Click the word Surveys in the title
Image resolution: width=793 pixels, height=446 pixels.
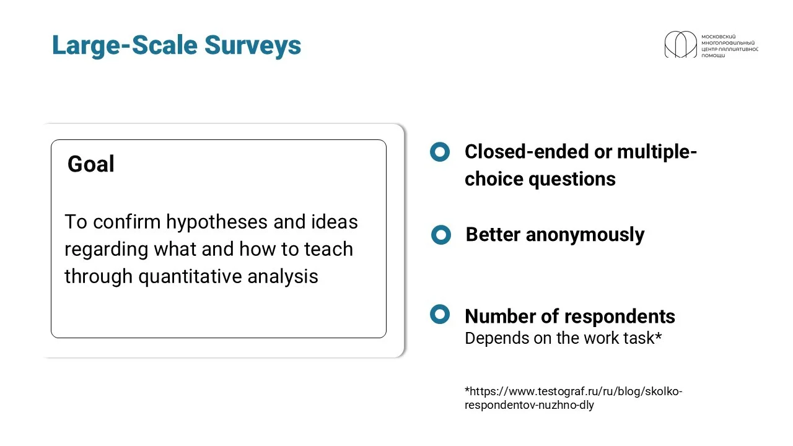pos(253,45)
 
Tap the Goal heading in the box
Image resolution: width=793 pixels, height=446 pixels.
pos(91,164)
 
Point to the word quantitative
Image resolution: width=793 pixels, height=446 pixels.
pos(190,277)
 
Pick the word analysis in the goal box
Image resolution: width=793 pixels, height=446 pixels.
pos(283,277)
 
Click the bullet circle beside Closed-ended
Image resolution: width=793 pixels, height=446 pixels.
pos(440,152)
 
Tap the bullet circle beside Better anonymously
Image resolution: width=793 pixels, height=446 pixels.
pos(441,235)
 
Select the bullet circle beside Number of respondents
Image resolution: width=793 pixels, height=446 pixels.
pos(440,314)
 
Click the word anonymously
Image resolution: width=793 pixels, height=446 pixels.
pos(585,235)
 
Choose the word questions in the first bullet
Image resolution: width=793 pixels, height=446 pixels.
pos(572,179)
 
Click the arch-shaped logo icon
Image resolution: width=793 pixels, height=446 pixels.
pos(680,44)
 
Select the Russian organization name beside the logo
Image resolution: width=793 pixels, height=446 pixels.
pos(730,46)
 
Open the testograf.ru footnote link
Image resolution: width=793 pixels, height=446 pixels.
pos(574,398)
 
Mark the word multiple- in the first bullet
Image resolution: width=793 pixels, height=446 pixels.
pos(657,152)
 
